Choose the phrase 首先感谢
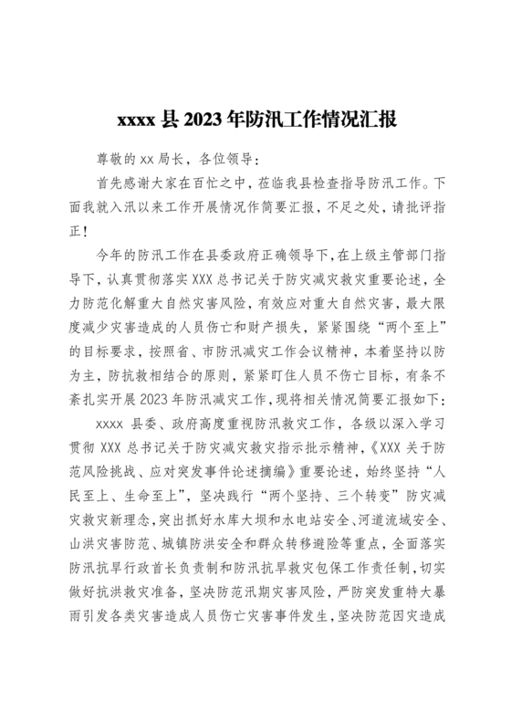click(126, 182)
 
